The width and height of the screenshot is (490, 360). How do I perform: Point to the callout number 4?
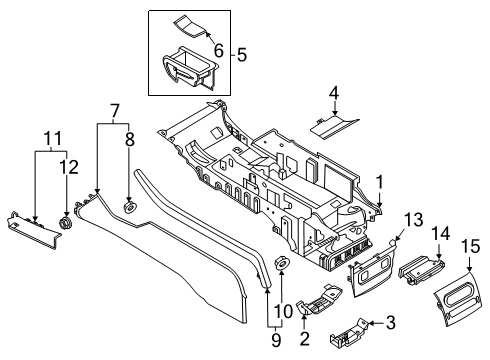(x=334, y=95)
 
